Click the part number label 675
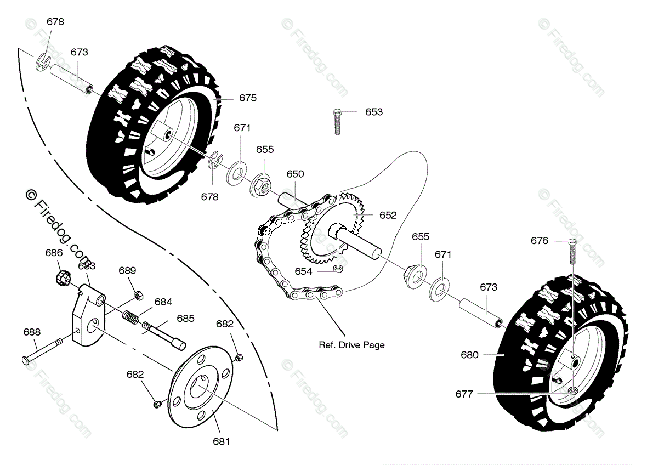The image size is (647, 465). coord(248,98)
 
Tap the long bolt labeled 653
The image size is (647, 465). coord(338,129)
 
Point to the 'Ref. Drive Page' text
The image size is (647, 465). coord(351,345)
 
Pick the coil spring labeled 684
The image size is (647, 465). coord(129,317)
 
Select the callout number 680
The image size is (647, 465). coord(469,355)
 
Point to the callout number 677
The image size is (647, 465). coord(464,393)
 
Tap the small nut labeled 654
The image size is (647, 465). coord(338,268)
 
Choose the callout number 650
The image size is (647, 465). coord(295,174)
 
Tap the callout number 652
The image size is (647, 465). coord(388,216)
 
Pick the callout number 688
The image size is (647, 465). coord(32,332)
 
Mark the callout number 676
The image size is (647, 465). coord(540,241)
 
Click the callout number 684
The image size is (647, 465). coord(163,302)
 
